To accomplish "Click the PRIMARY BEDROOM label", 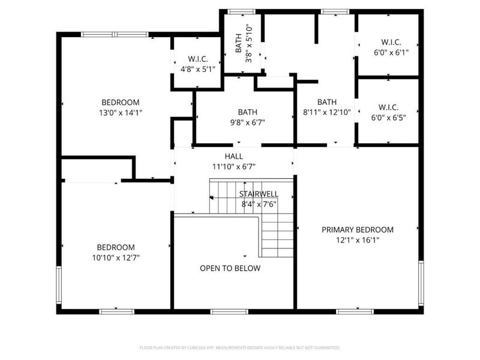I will coord(358,230).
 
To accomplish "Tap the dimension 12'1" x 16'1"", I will coord(358,240).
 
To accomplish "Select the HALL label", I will coord(234,157).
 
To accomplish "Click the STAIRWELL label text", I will coord(258,194).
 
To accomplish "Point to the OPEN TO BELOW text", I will coord(230,268).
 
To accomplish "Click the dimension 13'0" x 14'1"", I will coord(121,112).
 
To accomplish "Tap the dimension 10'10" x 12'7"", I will coord(116,257).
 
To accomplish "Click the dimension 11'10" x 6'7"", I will coord(234,167).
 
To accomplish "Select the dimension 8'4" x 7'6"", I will coord(258,204).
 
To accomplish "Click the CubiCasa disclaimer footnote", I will coord(240,347).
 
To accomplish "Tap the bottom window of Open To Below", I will coord(229,311).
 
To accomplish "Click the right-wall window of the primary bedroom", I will coord(421,281).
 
